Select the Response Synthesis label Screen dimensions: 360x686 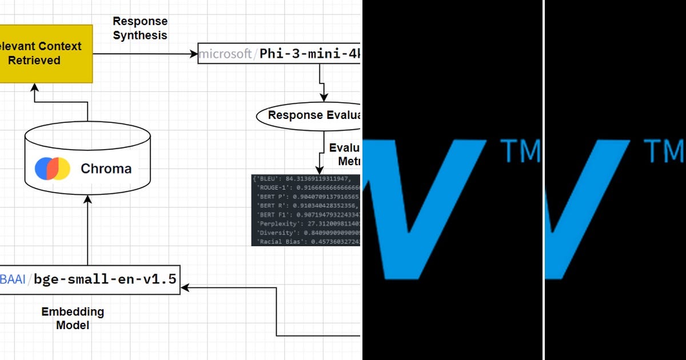140,28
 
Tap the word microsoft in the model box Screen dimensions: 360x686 225,54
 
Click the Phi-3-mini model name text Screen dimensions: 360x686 309,54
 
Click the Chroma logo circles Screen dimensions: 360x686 53,169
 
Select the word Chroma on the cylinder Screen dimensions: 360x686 106,169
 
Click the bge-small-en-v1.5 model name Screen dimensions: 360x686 105,279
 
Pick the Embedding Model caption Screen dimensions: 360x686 73,318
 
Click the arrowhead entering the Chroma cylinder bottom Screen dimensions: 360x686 87,198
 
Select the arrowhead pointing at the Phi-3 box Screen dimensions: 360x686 193,54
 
